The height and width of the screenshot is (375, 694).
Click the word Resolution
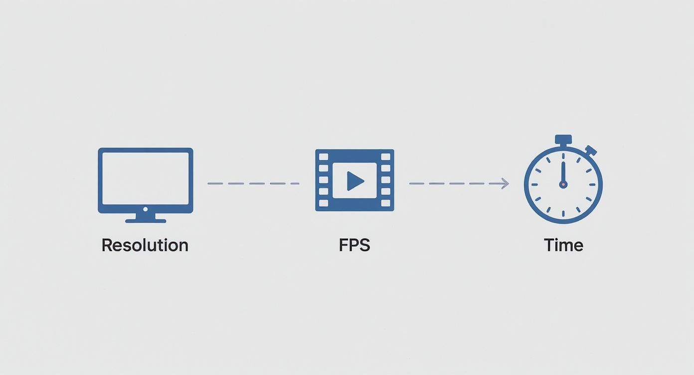click(145, 245)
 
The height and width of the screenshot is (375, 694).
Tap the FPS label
click(354, 245)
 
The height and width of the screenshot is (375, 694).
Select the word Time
click(563, 245)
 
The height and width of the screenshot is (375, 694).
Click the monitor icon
click(145, 182)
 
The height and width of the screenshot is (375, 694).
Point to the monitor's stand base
click(146, 219)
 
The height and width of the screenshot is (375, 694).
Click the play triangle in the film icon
click(355, 181)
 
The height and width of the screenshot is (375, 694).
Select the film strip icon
click(354, 180)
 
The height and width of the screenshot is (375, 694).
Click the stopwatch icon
click(563, 184)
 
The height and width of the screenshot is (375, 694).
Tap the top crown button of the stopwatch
click(563, 139)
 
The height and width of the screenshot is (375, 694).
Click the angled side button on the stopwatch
click(591, 150)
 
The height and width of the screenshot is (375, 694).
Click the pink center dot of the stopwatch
click(563, 184)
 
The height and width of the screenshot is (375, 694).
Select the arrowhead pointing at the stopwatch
click(506, 184)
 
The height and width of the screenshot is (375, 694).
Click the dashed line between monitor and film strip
click(253, 184)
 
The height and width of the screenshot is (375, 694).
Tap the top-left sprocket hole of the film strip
click(324, 157)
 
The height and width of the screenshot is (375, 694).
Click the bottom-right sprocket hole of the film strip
click(385, 203)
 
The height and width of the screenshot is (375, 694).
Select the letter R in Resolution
click(106, 245)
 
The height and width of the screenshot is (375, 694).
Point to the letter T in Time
click(549, 245)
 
